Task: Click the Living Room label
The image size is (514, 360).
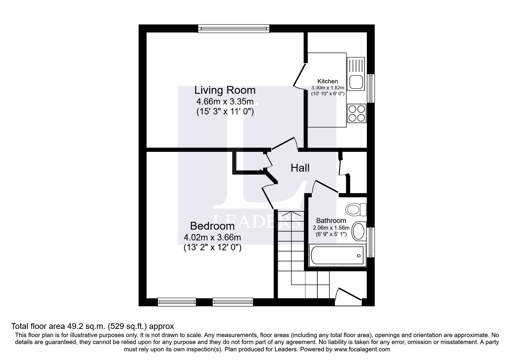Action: pyautogui.click(x=225, y=90)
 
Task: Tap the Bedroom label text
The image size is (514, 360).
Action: pyautogui.click(x=212, y=226)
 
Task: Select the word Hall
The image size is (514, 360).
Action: pyautogui.click(x=300, y=168)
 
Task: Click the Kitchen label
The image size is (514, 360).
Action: pyautogui.click(x=328, y=81)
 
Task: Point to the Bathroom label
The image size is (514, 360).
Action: pyautogui.click(x=331, y=221)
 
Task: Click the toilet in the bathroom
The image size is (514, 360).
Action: pyautogui.click(x=356, y=209)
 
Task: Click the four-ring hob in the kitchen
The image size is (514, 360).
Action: pyautogui.click(x=356, y=113)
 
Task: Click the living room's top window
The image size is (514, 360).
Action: pyautogui.click(x=234, y=28)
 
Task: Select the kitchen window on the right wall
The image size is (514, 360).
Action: pyautogui.click(x=371, y=88)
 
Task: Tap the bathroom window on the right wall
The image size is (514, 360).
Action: pyautogui.click(x=370, y=242)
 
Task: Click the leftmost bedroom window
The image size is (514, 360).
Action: pyautogui.click(x=177, y=302)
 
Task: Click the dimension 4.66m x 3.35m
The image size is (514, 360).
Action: pyautogui.click(x=225, y=102)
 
